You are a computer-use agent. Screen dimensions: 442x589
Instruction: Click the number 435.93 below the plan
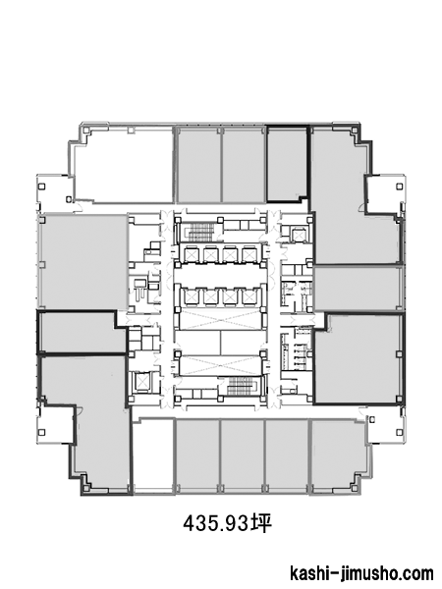pos(216,522)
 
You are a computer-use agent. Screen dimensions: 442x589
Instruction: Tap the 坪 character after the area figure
pos(261,522)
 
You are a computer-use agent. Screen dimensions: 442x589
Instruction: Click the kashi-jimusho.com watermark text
pos(361,573)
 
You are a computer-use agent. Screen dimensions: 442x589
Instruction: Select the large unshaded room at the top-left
pos(124,164)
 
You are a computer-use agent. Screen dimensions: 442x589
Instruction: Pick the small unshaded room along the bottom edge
pos(154,455)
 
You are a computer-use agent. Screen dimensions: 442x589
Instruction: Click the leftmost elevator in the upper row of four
pos(192,254)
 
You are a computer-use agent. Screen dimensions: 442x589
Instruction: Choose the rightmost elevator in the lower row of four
pos(249,296)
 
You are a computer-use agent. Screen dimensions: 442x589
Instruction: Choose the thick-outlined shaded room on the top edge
pos(288,163)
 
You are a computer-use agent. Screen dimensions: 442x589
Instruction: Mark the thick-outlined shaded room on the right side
pos(358,358)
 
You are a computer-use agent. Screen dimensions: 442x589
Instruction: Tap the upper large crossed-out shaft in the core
pos(220,319)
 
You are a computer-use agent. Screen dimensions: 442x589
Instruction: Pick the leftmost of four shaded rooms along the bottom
pos(197,455)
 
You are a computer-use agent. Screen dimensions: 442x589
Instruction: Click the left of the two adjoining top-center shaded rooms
pos(198,165)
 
